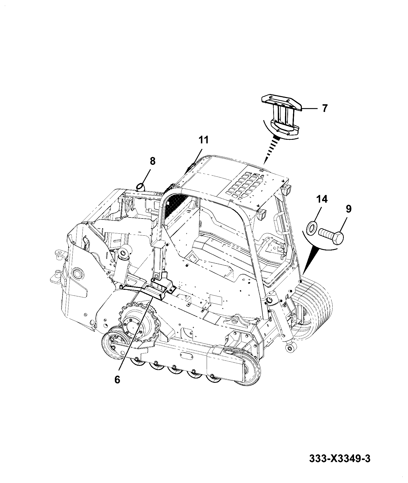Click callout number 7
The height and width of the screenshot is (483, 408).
pos(324,108)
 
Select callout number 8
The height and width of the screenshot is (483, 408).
pos(152,162)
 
